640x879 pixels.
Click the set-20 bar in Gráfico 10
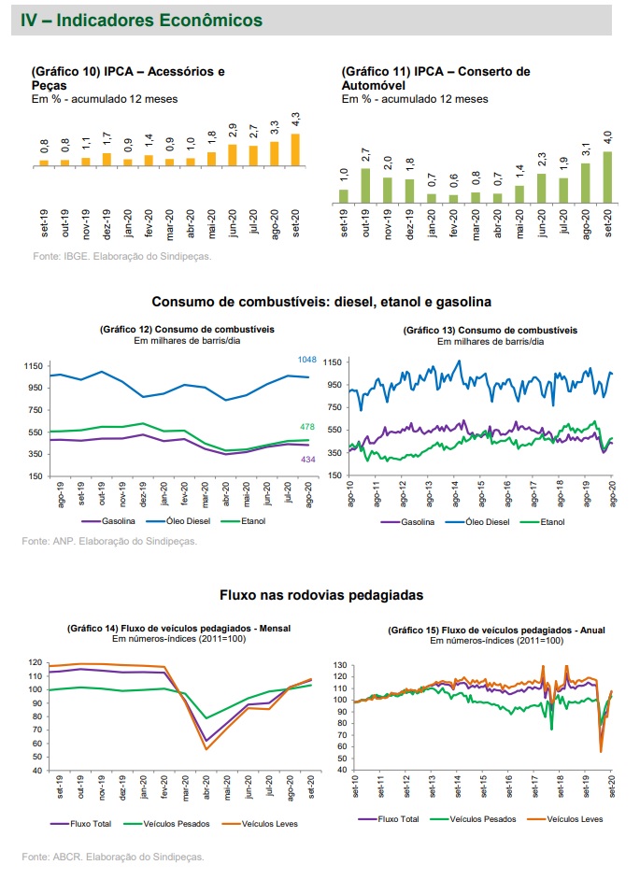(x=296, y=149)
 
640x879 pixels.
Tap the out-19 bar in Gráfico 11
(x=366, y=185)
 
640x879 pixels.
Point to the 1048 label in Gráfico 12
(x=307, y=361)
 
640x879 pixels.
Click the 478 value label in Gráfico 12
(x=307, y=427)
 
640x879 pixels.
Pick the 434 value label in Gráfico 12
(x=307, y=460)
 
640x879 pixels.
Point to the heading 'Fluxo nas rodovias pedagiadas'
(x=320, y=594)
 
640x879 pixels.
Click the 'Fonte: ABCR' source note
(x=112, y=856)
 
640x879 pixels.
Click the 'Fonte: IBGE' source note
(x=122, y=256)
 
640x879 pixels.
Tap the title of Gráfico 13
(x=490, y=330)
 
